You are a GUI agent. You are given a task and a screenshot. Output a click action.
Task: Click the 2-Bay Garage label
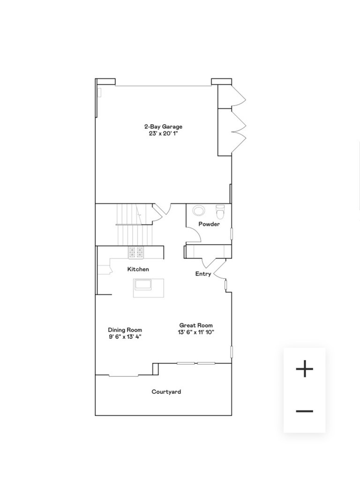(x=163, y=127)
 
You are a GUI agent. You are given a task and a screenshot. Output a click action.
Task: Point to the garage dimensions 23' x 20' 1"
(x=163, y=134)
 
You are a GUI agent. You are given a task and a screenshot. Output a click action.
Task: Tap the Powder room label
(x=209, y=224)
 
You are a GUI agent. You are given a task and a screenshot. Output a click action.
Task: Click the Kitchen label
(x=138, y=269)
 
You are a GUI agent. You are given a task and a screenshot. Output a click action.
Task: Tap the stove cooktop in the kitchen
(x=136, y=253)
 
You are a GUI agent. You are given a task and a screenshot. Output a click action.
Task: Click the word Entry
(x=203, y=274)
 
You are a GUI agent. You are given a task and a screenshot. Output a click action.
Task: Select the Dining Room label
(x=125, y=330)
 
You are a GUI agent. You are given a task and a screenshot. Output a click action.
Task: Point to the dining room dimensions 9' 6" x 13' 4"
(x=125, y=336)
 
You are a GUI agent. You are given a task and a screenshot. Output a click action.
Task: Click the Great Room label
(x=196, y=325)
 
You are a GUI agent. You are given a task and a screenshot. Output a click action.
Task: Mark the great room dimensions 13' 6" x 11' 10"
(x=196, y=332)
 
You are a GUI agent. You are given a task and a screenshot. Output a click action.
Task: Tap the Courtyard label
(x=166, y=392)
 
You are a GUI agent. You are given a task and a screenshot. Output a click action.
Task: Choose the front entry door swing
(x=218, y=271)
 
